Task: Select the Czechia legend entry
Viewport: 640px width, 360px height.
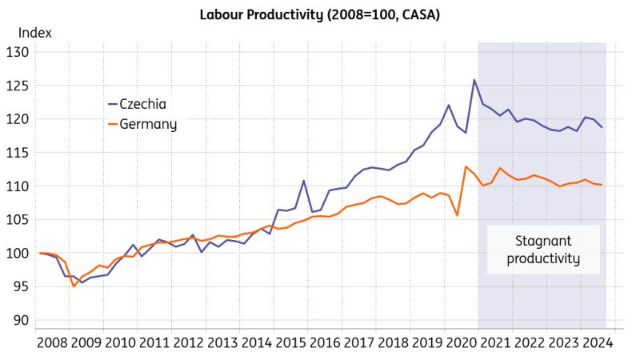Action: (143, 104)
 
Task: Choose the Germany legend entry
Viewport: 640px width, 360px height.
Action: (148, 125)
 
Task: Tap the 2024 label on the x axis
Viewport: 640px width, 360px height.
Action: (597, 342)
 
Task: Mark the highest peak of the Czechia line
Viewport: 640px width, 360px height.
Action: (474, 80)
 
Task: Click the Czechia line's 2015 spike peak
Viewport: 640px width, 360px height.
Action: (304, 181)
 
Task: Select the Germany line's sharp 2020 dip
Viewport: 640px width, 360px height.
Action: (457, 215)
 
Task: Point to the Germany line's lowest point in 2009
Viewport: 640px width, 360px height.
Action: (74, 286)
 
